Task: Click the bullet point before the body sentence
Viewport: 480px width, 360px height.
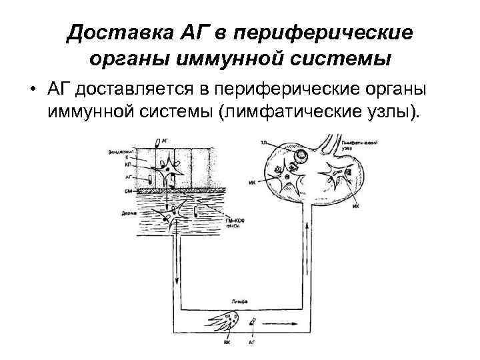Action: click(x=32, y=90)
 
